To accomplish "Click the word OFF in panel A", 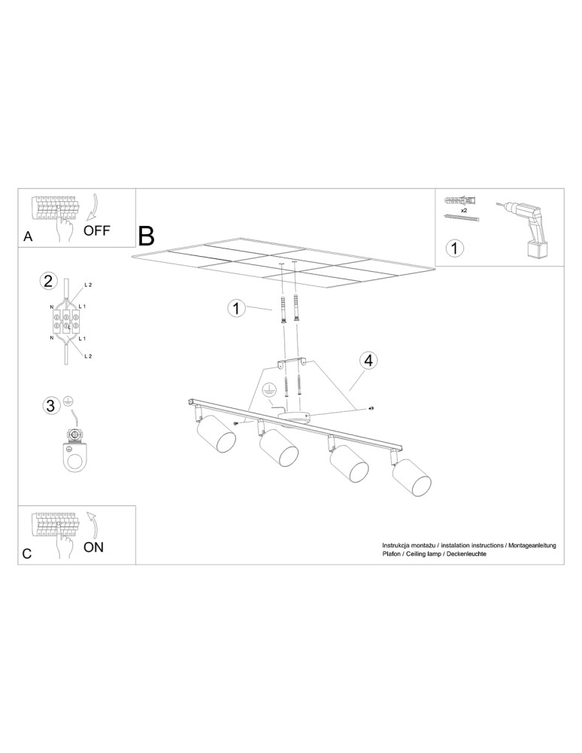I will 97,230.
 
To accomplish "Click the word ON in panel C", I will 93,547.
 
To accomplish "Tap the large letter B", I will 146,236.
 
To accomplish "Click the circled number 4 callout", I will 368,361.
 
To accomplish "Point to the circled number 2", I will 48,282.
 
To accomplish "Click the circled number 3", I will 50,406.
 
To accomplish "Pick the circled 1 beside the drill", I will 454,247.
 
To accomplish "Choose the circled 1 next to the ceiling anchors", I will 237,308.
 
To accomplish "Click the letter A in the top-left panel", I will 28,236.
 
